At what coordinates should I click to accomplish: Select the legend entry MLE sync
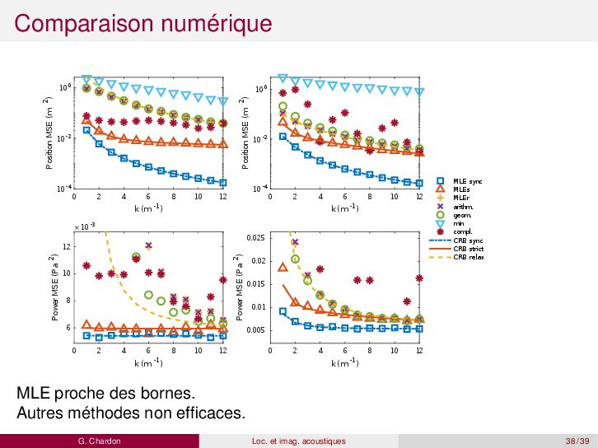click(467, 180)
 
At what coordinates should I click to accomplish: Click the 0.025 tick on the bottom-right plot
click(255, 238)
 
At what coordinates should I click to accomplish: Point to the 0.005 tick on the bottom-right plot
click(255, 330)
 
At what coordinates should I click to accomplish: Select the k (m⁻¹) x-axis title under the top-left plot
click(148, 208)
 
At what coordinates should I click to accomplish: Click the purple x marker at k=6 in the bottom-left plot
click(148, 245)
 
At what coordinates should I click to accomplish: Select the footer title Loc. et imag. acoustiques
click(298, 441)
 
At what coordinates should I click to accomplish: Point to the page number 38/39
click(577, 441)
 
